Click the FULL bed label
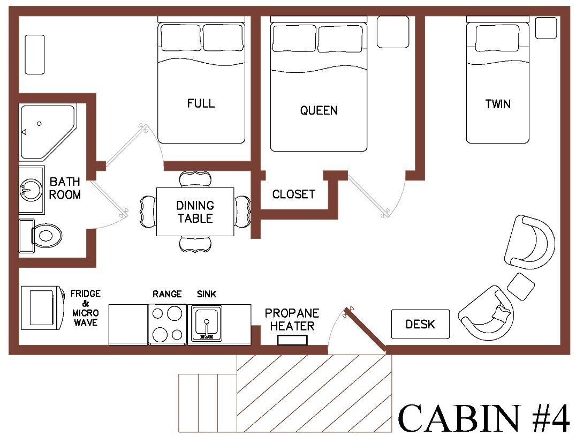point(201,103)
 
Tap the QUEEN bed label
point(319,110)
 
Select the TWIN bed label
point(497,104)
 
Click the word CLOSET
point(293,194)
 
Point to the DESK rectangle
point(420,324)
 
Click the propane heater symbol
point(292,340)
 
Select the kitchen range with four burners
point(168,324)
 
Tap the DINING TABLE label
point(195,212)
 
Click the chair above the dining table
point(195,178)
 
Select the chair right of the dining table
point(242,212)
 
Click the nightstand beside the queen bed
point(392,32)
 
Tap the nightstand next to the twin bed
point(546,28)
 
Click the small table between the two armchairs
point(520,286)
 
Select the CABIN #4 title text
point(484,418)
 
